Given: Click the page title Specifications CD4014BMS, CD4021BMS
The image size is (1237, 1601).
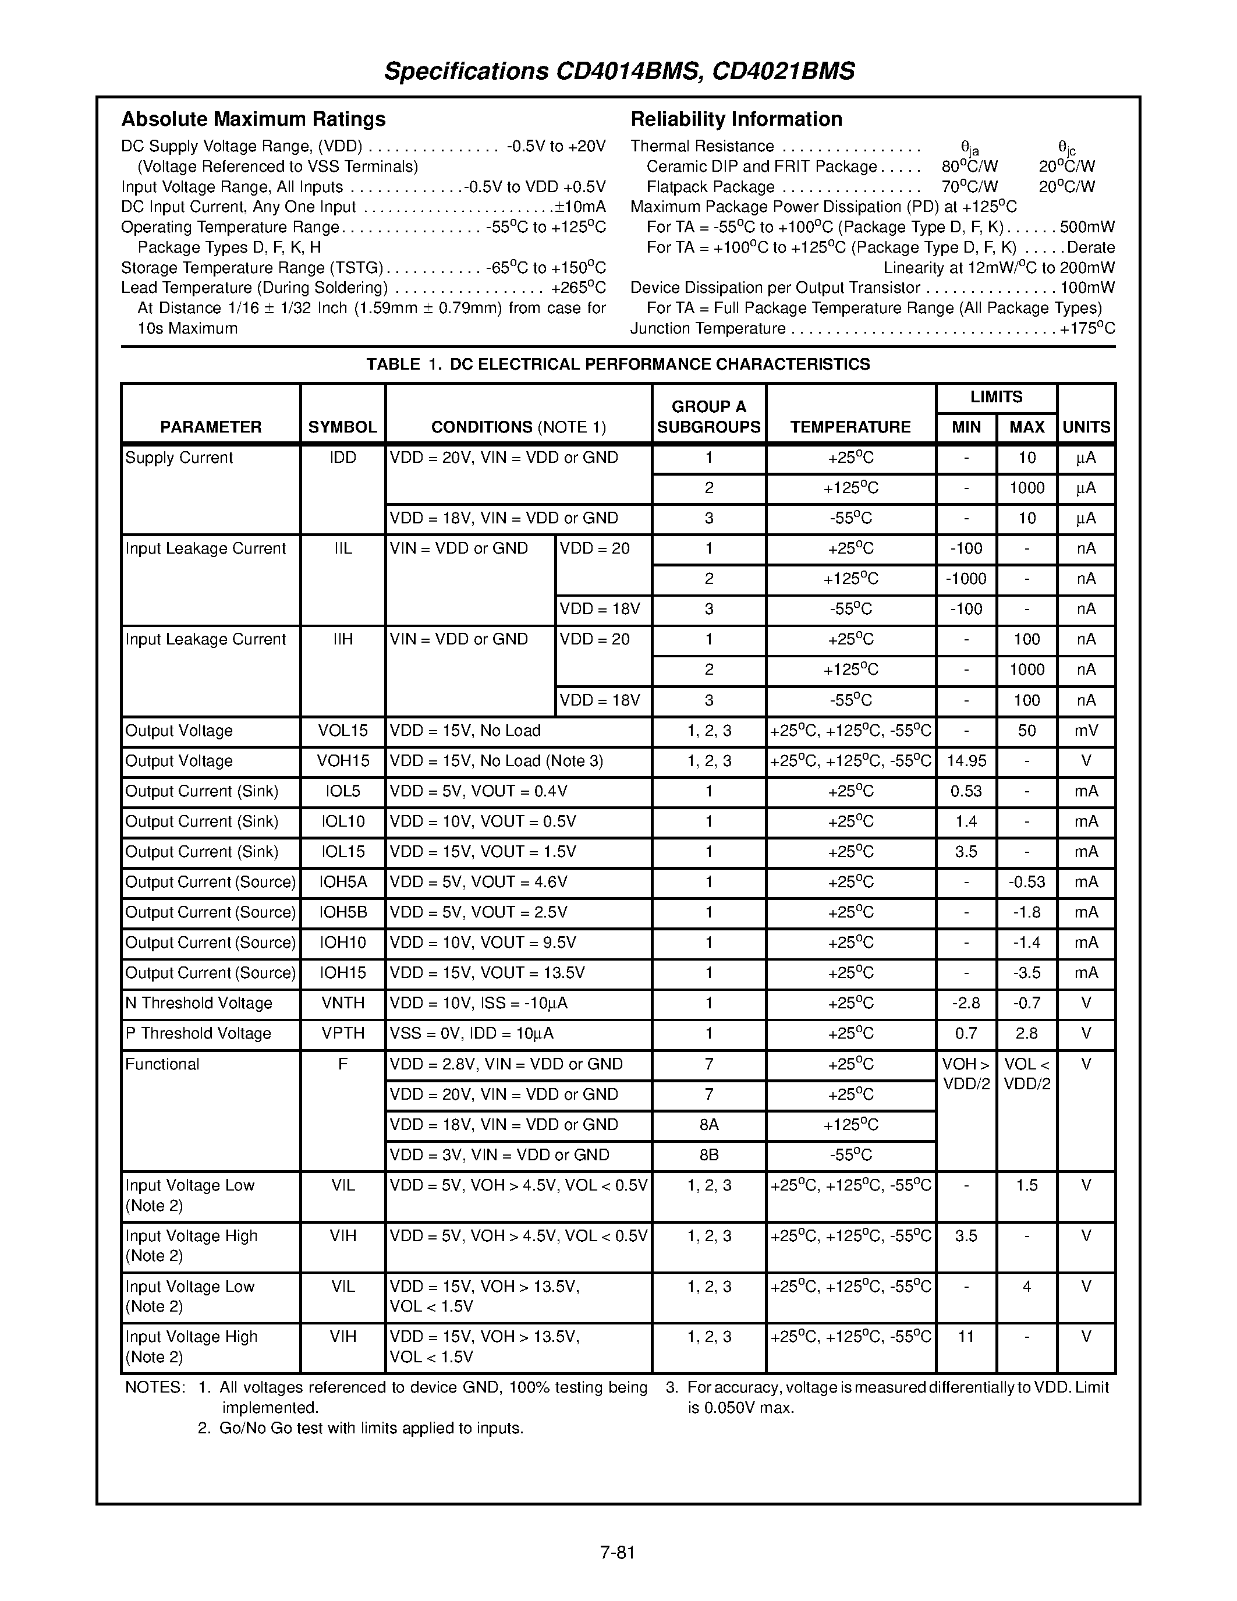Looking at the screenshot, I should pyautogui.click(x=619, y=71).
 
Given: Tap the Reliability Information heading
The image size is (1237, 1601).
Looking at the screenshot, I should pyautogui.click(x=736, y=119).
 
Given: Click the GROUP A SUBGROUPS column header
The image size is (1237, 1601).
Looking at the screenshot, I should pyautogui.click(x=708, y=416).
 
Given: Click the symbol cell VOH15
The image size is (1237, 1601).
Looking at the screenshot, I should pyautogui.click(x=342, y=761).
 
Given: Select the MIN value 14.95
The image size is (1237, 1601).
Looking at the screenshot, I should pyautogui.click(x=966, y=761).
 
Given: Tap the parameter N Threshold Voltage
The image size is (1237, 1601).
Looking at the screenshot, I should pyautogui.click(x=199, y=1003).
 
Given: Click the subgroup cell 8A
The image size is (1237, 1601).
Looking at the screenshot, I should pyautogui.click(x=708, y=1125).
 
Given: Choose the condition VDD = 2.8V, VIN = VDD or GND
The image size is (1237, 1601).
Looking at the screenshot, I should pyautogui.click(x=506, y=1064).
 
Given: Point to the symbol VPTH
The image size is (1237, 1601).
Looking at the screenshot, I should pyautogui.click(x=342, y=1033).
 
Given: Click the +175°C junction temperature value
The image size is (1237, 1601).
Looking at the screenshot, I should pyautogui.click(x=1087, y=328).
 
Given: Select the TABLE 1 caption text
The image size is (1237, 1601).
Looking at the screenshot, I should pyautogui.click(x=618, y=364).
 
